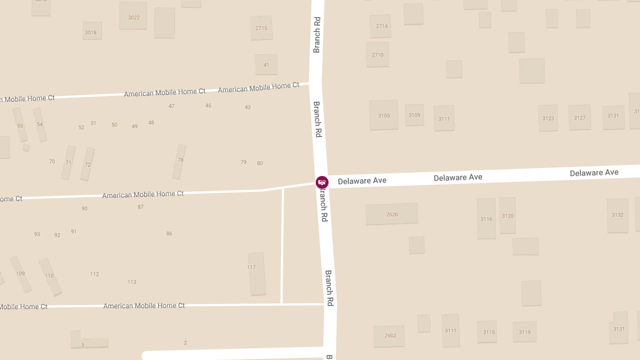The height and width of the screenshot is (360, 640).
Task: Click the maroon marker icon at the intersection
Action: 322,182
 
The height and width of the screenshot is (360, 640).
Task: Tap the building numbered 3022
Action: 133,16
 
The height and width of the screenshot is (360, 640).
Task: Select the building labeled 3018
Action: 92,31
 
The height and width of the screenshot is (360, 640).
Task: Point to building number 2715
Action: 261,28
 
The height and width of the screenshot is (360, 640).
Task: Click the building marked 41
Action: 266,65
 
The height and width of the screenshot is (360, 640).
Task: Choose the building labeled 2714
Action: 381,26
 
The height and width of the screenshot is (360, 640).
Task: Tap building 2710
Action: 378,54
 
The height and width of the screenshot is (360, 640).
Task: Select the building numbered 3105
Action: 383,115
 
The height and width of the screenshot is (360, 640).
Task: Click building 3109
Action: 414,115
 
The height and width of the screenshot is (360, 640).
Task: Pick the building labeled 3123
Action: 548,118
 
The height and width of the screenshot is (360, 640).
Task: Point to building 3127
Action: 580,117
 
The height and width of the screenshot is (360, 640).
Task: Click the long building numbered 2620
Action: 391,214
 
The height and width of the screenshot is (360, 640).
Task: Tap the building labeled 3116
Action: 486,219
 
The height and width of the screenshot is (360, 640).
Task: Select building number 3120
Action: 507,215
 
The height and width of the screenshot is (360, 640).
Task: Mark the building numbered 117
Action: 257,274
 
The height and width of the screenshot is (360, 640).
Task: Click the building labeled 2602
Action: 389,336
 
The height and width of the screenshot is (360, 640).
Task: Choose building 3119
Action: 524,332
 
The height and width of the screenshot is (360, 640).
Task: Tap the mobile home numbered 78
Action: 179,162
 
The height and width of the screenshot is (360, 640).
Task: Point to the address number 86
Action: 169,234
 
